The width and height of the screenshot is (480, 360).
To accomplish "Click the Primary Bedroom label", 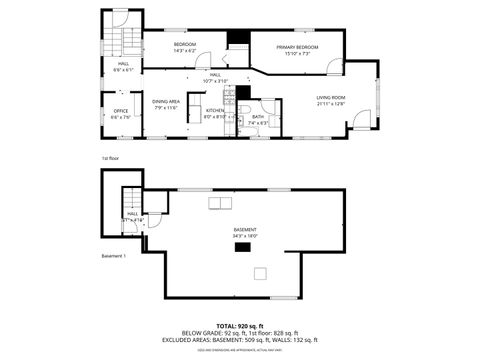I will (298, 47).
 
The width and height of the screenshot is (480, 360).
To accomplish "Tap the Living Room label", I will (330, 97).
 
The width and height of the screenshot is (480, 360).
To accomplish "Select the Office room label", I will (121, 110).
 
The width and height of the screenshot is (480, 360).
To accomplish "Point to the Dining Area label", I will (166, 101).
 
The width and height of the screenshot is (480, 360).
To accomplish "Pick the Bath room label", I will (258, 117).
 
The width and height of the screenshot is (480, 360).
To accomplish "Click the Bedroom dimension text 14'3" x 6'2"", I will (185, 51).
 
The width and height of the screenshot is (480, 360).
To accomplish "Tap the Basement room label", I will (245, 230).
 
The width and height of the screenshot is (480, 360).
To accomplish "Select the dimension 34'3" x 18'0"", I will (245, 237).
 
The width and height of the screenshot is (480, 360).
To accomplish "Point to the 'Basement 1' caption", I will (113, 256).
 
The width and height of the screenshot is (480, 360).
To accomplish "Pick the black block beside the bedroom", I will (236, 39).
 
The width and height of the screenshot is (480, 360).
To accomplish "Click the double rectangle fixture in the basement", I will (216, 204).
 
